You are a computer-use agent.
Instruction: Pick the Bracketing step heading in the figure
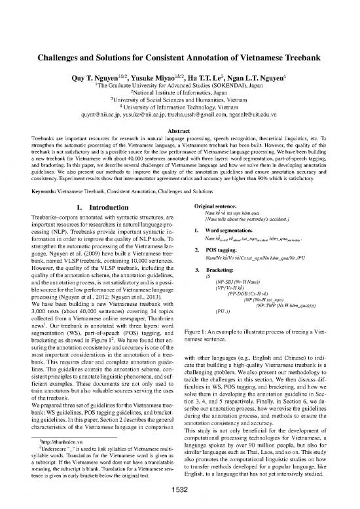pyautogui.click(x=213, y=252)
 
